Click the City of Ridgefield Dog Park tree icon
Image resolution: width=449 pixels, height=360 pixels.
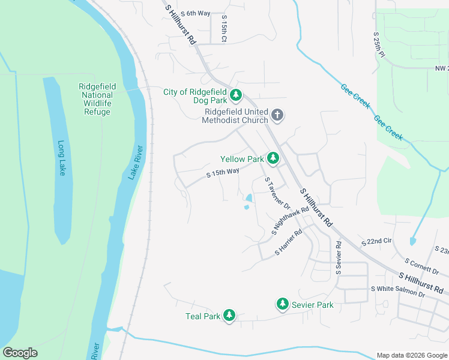tap(236, 95)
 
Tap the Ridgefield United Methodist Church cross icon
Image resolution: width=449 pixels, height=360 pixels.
tap(277, 114)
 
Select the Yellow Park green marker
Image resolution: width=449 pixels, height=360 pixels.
tap(273, 158)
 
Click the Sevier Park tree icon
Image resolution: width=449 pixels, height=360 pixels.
tap(283, 304)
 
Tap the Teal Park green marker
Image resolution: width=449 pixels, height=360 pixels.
tap(229, 315)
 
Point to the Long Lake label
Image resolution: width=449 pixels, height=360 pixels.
tap(62, 158)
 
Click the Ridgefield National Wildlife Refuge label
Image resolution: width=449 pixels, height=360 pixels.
tap(97, 99)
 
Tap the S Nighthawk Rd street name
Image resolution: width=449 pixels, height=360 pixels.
tap(290, 220)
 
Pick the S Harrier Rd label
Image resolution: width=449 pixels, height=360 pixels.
tap(288, 243)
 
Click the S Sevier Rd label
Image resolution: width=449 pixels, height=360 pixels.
tap(339, 258)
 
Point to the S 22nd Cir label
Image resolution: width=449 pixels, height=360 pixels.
tap(376, 241)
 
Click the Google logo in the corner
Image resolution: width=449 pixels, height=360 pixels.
tap(20, 353)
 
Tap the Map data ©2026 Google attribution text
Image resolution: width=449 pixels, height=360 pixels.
tap(412, 355)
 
